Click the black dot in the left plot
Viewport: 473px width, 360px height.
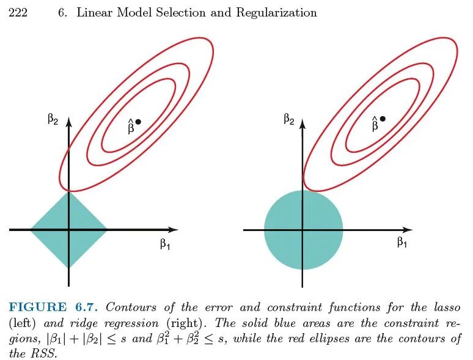(x=138, y=122)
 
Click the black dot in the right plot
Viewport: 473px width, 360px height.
(x=383, y=119)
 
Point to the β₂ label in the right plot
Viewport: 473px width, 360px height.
(x=289, y=119)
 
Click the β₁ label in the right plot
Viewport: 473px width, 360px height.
(x=402, y=243)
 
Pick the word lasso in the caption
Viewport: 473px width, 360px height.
(x=447, y=307)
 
